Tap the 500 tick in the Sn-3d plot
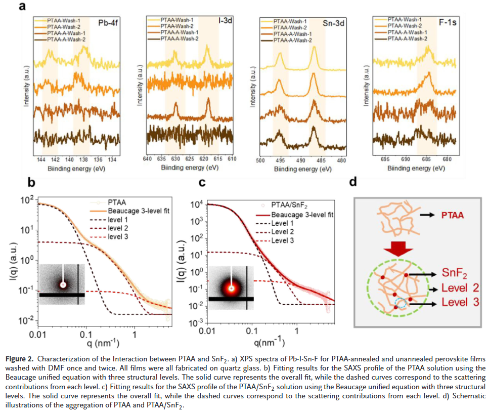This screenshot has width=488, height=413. tap(259, 160)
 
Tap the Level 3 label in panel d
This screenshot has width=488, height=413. tap(458, 303)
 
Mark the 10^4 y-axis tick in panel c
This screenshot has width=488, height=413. tap(196, 204)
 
